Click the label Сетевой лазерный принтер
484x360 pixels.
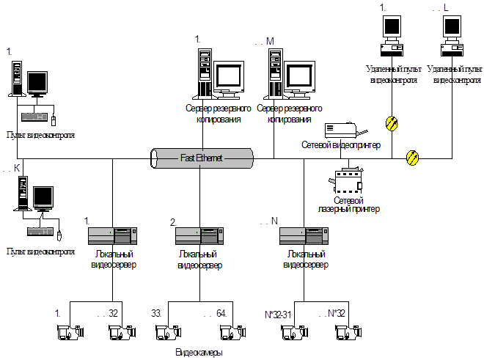(x=348, y=205)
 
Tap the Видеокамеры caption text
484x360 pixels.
(x=199, y=353)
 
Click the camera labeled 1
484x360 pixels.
(x=70, y=332)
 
